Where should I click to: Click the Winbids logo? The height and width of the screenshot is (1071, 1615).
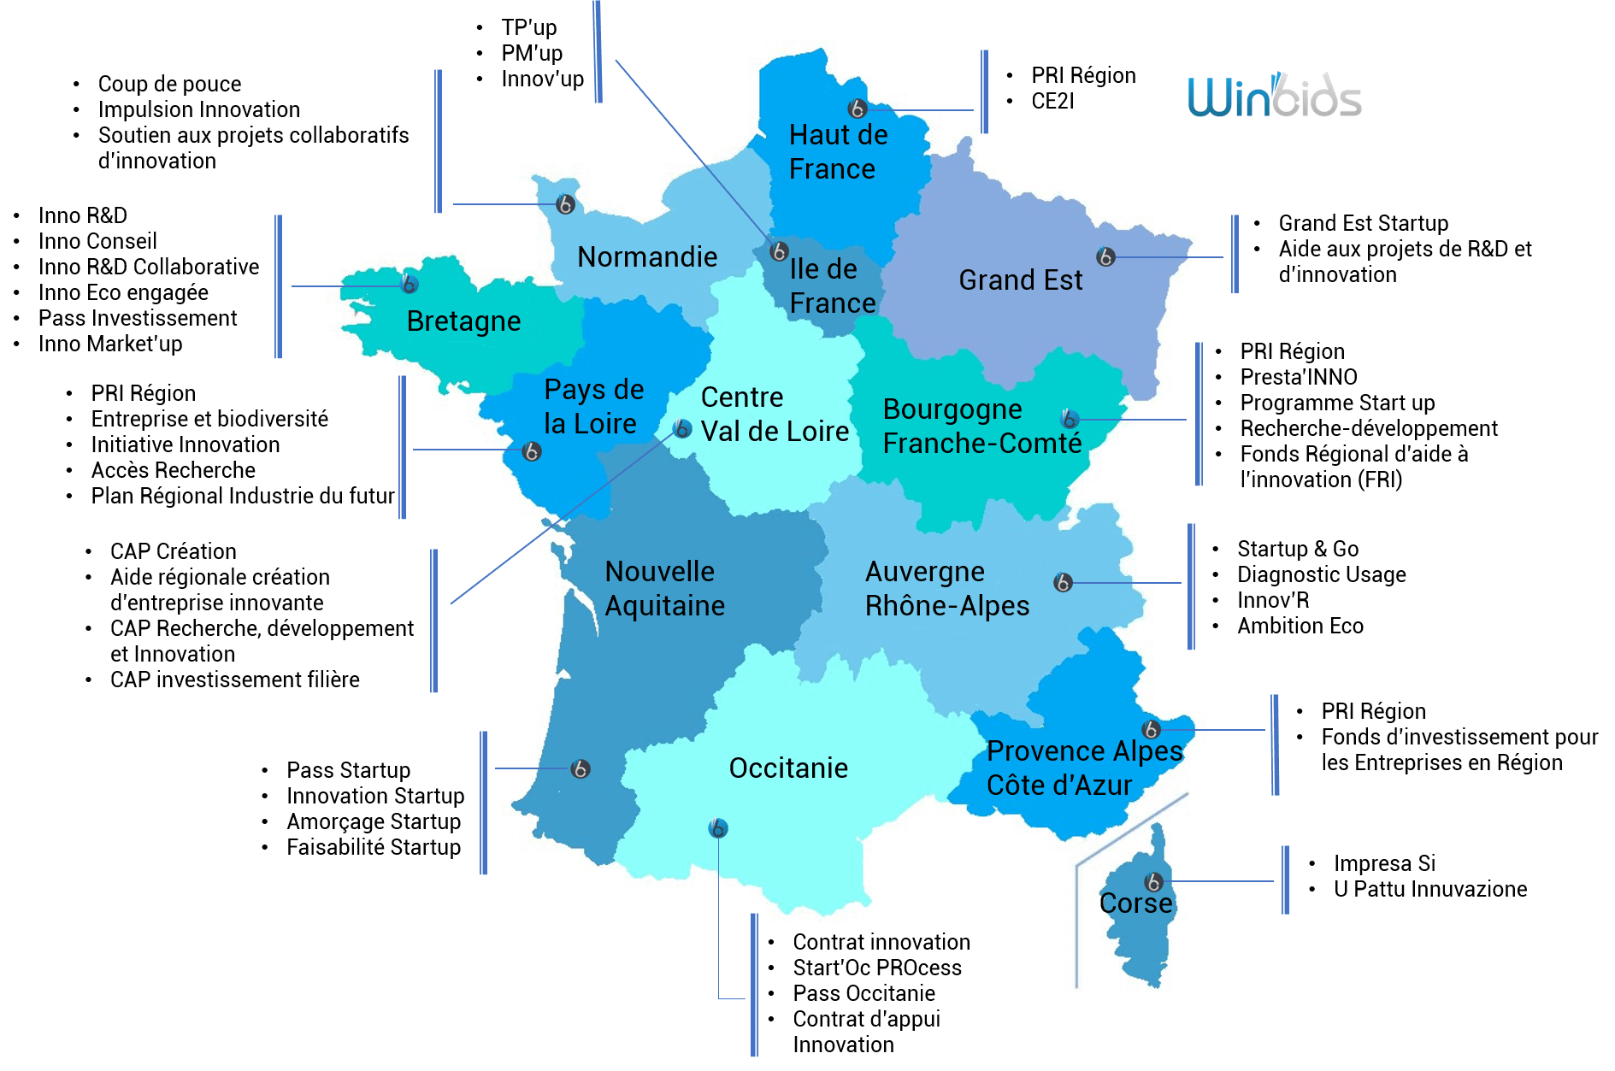[1274, 97]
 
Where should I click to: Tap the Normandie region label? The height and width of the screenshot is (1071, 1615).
[647, 257]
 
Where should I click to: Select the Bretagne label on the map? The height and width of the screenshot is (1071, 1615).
[463, 321]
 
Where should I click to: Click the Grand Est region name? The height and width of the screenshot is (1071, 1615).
[1020, 280]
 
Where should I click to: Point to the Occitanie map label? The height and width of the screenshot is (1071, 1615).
[788, 768]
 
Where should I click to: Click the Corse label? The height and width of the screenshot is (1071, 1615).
[1135, 903]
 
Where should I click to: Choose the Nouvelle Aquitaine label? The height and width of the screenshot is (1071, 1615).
[664, 589]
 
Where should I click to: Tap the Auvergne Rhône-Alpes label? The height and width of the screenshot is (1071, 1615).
[946, 589]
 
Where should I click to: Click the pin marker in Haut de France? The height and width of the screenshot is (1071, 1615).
[857, 109]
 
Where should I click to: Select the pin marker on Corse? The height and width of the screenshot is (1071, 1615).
[1153, 881]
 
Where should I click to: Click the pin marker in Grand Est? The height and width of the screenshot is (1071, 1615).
[1105, 256]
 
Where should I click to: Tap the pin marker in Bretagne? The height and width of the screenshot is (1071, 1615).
[410, 284]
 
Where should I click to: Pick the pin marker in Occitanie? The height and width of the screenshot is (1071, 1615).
[718, 827]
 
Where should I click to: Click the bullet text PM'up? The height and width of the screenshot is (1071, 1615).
[532, 54]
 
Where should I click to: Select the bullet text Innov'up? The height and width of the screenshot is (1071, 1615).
[542, 79]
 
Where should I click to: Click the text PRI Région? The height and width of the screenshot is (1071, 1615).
[1083, 76]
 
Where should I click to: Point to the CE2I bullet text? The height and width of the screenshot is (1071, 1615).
[1052, 102]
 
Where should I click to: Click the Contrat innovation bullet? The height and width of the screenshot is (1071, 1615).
[881, 943]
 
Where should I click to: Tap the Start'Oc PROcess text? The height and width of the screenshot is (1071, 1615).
[876, 968]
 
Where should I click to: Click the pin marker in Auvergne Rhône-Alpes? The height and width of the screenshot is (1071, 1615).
[1063, 582]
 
